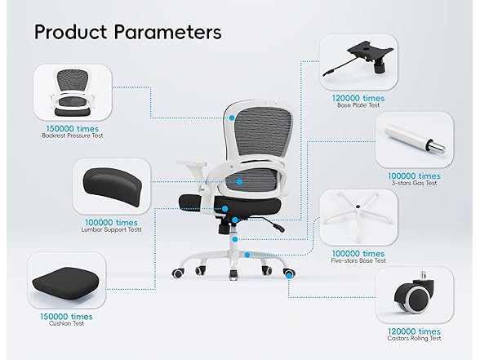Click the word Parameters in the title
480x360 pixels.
tap(168, 32)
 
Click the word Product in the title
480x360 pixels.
tap(71, 32)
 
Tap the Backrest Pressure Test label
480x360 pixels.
tap(73, 136)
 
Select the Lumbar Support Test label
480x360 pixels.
tap(111, 229)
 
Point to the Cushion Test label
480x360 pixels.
tap(66, 323)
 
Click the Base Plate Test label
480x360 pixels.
tap(358, 105)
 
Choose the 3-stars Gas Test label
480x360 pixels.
tap(414, 183)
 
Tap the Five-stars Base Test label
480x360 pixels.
tap(358, 261)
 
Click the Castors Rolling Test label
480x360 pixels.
tap(414, 338)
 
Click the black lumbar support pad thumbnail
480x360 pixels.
tap(113, 186)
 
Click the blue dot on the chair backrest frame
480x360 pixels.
tap(232, 118)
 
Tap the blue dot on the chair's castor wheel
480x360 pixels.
tap(289, 276)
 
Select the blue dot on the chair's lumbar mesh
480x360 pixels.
tap(239, 182)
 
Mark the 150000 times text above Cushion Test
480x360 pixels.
tap(66, 317)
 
